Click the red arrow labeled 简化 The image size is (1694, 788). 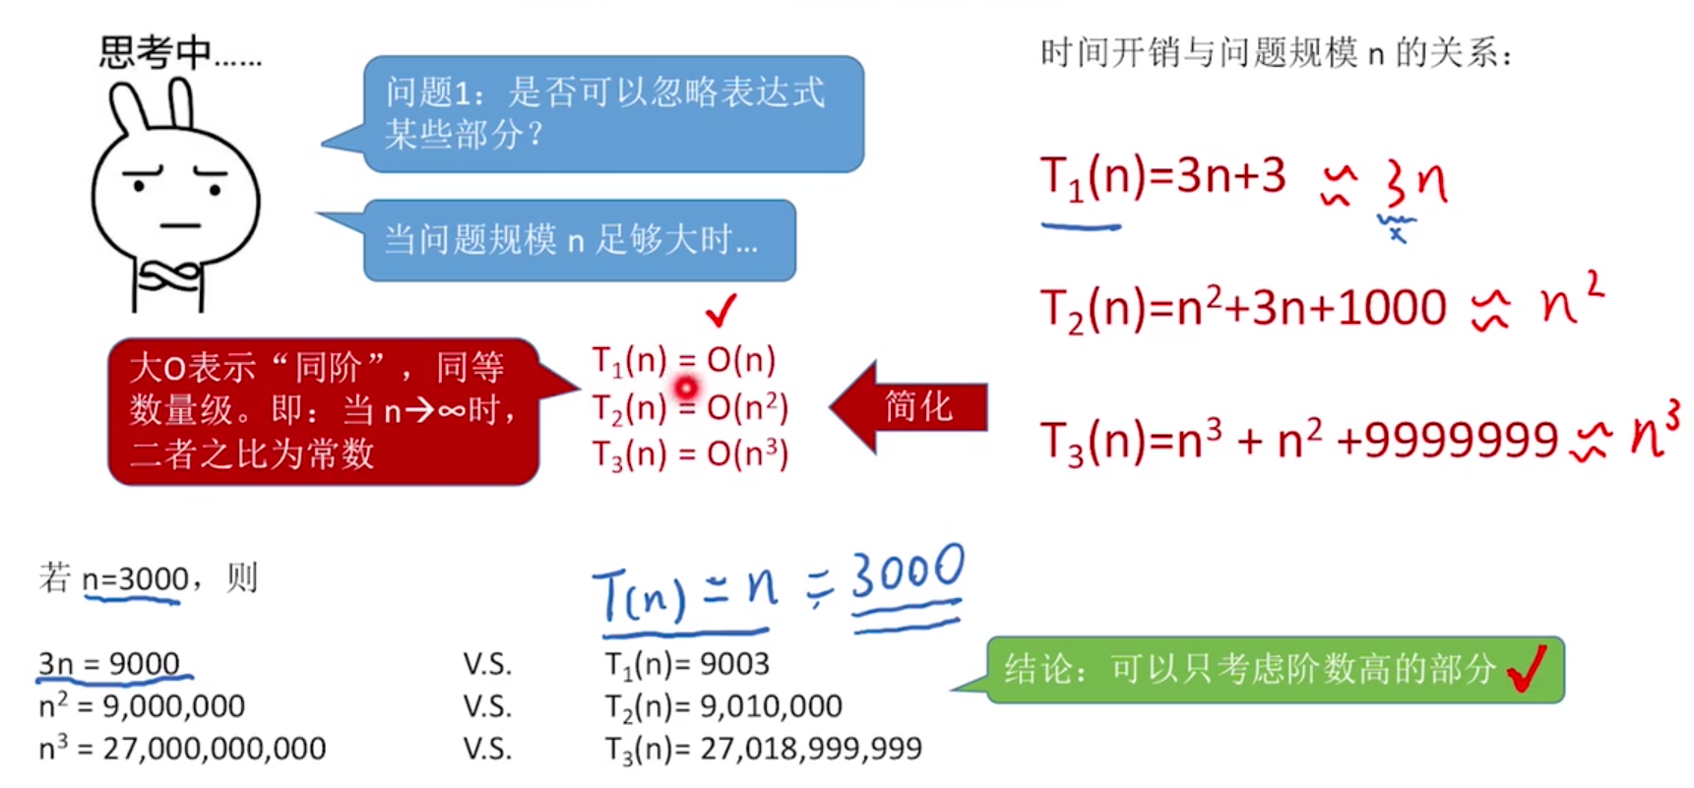click(x=910, y=406)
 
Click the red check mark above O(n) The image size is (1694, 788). click(x=721, y=310)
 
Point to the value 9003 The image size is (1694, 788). click(x=734, y=664)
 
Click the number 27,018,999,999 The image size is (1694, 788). click(x=810, y=749)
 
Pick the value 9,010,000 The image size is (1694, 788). click(x=771, y=706)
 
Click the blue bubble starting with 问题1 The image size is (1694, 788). click(x=612, y=113)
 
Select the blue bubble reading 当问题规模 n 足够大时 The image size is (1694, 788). click(x=579, y=240)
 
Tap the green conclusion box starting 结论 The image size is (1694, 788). click(x=1275, y=670)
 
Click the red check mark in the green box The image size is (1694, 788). click(x=1527, y=669)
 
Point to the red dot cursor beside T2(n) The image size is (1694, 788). click(x=686, y=388)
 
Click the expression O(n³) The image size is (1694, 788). click(x=747, y=454)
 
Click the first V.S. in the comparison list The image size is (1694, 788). click(x=487, y=664)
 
